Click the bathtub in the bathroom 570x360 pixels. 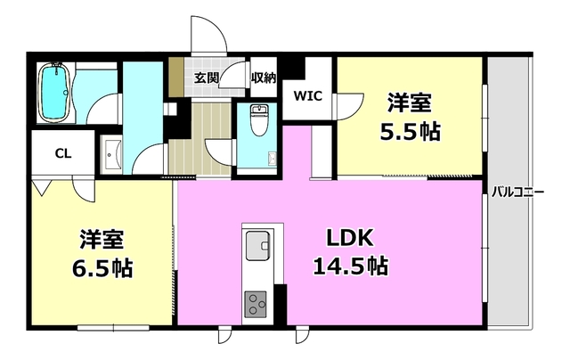[x=56, y=92]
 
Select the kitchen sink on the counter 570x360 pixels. [x=257, y=243]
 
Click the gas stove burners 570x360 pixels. [x=257, y=304]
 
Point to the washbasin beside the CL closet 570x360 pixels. [x=110, y=155]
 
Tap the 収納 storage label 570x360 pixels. [x=263, y=78]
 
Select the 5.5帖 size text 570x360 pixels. [x=410, y=132]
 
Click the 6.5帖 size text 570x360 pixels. [x=101, y=267]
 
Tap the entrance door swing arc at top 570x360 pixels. [x=211, y=36]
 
